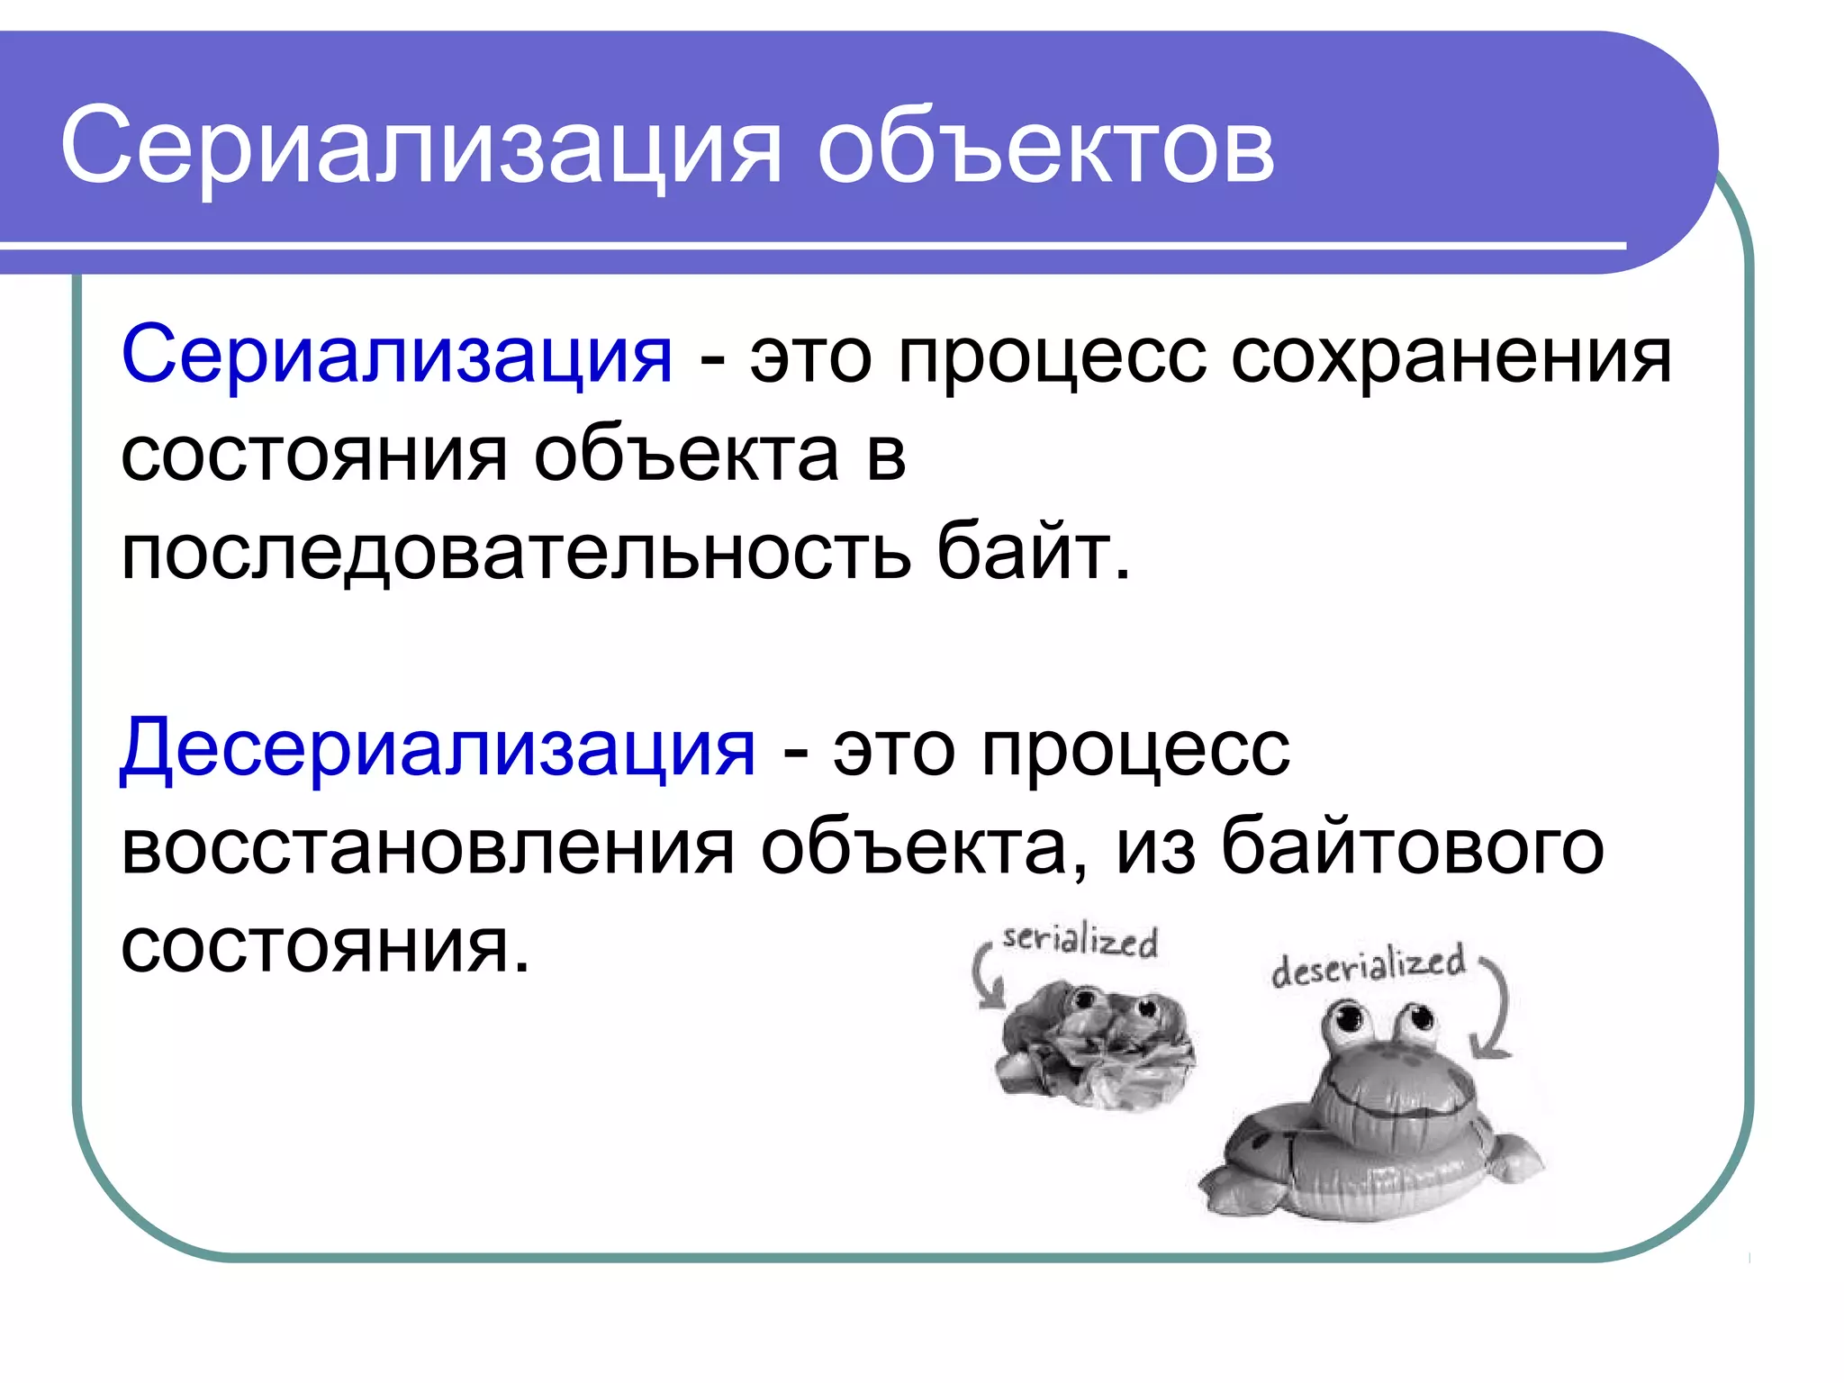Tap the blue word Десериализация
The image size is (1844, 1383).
coord(438,749)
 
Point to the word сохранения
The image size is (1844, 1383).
coord(1451,356)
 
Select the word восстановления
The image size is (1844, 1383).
coord(428,847)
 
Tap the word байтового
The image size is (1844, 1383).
coord(1412,847)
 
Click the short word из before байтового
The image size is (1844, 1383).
coord(1156,847)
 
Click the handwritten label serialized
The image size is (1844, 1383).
coord(1080,940)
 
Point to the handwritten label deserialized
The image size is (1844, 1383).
coord(1368,965)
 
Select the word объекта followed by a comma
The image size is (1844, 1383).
coord(918,847)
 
